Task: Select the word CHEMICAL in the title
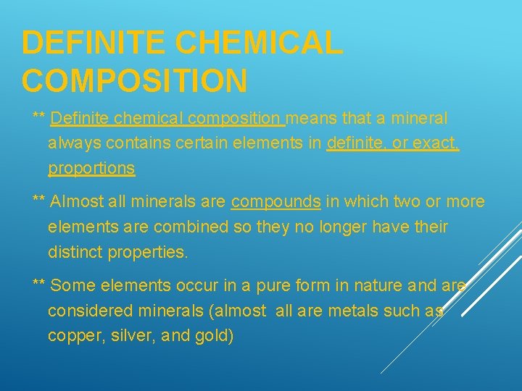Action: tap(260, 43)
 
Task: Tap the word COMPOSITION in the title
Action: tap(135, 80)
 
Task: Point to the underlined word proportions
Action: tap(91, 169)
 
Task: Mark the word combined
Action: tap(170, 227)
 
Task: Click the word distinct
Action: tap(75, 253)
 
